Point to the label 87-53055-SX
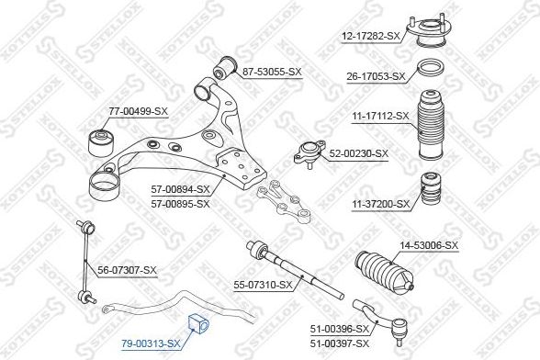[271, 72]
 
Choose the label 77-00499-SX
[139, 111]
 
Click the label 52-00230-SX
[359, 153]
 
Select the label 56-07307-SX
[128, 270]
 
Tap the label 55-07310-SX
[262, 285]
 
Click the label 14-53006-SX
[428, 245]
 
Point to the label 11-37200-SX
[377, 204]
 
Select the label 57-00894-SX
[180, 190]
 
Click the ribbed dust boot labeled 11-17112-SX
[429, 125]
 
